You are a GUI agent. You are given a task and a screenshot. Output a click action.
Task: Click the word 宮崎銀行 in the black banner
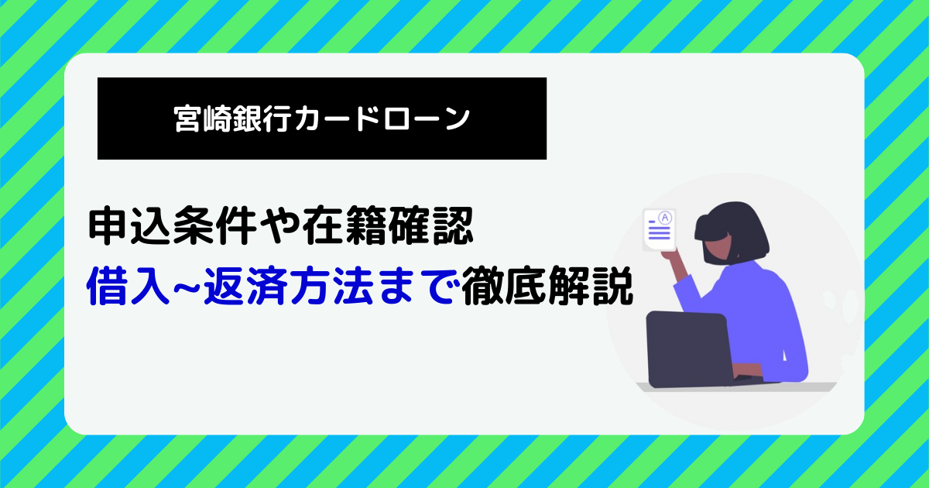[231, 119]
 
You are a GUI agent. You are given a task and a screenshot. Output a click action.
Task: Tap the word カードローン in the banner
[382, 119]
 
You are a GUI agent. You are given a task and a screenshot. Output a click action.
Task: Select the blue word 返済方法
[288, 287]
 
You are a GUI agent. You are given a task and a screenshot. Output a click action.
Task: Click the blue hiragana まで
[417, 287]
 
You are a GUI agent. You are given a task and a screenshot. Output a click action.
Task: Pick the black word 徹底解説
[547, 287]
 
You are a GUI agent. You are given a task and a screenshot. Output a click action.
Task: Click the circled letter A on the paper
[665, 218]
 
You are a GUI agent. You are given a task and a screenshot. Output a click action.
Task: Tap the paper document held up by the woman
[660, 230]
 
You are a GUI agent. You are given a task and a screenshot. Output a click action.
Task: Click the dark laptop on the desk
[689, 349]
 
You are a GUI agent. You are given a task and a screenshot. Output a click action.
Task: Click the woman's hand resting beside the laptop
[746, 371]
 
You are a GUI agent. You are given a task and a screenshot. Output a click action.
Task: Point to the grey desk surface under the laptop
[736, 387]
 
